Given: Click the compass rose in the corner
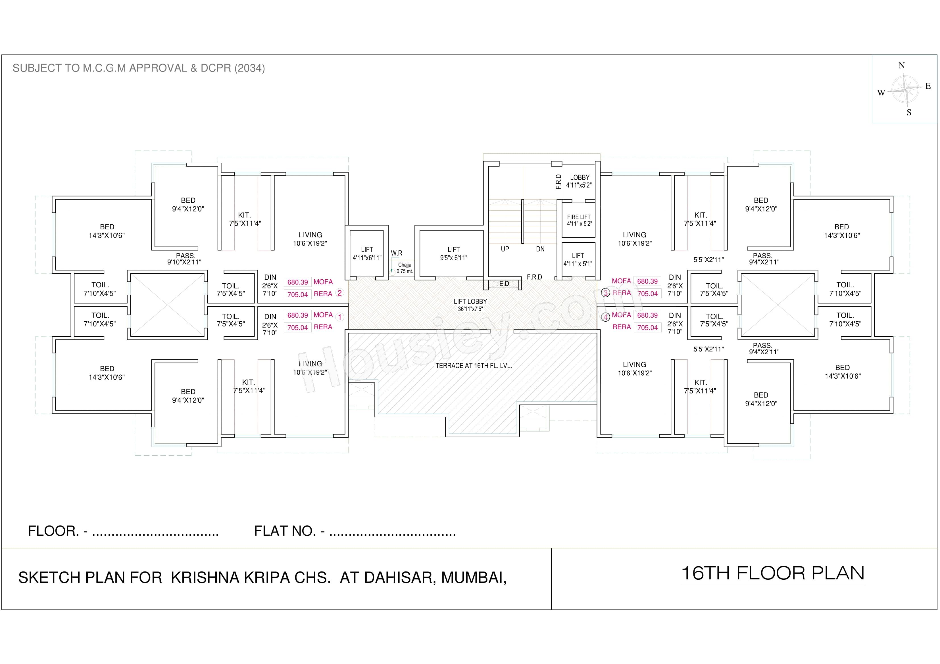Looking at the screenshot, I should [904, 89].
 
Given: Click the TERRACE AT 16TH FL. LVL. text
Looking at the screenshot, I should [473, 366].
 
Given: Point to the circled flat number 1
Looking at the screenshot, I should [339, 317].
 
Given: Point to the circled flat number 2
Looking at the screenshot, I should [339, 293].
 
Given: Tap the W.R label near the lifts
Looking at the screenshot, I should [396, 253].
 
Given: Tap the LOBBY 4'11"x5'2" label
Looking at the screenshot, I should [579, 181].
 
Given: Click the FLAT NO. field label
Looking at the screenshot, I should [289, 531].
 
